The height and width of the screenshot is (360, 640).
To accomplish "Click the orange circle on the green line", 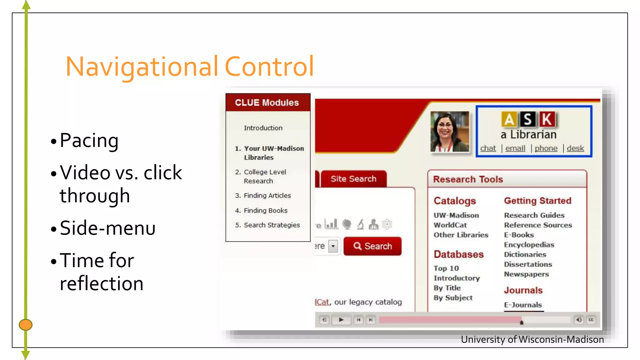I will (x=26, y=325).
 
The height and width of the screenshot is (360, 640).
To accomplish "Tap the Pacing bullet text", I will (x=89, y=140).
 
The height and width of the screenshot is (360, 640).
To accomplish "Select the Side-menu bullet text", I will (x=107, y=228).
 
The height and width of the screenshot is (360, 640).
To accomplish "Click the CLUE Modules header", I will (x=267, y=102).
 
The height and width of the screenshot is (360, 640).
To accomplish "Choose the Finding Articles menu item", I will (x=267, y=196).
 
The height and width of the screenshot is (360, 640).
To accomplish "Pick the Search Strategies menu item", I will (x=272, y=225).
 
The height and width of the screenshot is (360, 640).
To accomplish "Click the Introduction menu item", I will (x=263, y=128).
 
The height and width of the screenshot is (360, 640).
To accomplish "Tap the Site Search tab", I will (x=353, y=179).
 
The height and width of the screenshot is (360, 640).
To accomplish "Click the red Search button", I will (x=372, y=246).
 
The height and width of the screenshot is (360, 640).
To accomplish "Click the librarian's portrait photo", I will (x=450, y=132).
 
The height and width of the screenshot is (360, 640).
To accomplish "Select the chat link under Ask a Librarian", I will (x=488, y=148).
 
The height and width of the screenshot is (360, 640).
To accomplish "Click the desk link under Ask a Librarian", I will (x=575, y=148).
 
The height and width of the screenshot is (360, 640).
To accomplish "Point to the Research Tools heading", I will (x=468, y=179).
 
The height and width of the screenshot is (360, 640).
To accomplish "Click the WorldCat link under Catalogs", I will (x=450, y=225).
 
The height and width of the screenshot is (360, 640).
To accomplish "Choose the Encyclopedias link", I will (x=529, y=245).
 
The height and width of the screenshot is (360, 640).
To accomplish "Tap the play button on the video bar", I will (x=341, y=320).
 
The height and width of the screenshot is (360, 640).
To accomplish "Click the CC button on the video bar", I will (x=591, y=320).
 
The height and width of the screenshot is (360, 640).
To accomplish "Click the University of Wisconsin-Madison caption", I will (x=532, y=339).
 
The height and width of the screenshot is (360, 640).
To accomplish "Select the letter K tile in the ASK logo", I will (x=547, y=119).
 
